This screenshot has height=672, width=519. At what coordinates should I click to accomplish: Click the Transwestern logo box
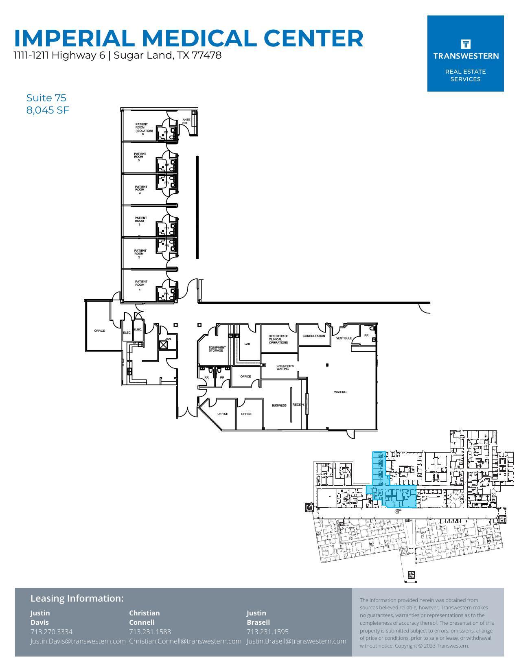click(x=465, y=53)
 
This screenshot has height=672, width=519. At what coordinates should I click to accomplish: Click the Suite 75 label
click(x=46, y=98)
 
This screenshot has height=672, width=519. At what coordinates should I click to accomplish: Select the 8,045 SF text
click(x=48, y=110)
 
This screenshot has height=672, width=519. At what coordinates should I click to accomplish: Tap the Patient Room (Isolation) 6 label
click(x=144, y=129)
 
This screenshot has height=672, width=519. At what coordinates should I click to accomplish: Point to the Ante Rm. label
click(x=186, y=121)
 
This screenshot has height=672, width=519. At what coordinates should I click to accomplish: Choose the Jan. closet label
click(x=169, y=339)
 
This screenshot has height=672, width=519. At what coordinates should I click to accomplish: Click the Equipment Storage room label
click(x=217, y=349)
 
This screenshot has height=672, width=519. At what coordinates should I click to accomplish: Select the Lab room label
click(x=247, y=344)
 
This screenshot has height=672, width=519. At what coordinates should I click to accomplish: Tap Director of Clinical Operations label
click(x=278, y=339)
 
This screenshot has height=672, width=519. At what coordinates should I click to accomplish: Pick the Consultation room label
click(x=314, y=336)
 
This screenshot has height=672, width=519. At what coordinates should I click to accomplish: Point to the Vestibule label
click(x=344, y=338)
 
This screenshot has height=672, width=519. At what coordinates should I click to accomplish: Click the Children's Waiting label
click(x=285, y=367)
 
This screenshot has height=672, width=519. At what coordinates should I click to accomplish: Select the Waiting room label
click(x=340, y=392)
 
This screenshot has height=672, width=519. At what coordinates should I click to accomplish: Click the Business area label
click(x=279, y=405)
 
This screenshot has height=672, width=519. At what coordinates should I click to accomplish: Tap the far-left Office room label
click(x=99, y=331)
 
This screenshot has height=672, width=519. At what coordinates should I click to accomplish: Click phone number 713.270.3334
click(x=51, y=632)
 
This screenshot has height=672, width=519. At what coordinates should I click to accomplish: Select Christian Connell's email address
click(x=185, y=641)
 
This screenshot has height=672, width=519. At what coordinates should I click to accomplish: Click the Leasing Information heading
click(x=77, y=598)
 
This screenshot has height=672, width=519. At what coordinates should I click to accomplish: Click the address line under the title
click(x=118, y=55)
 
